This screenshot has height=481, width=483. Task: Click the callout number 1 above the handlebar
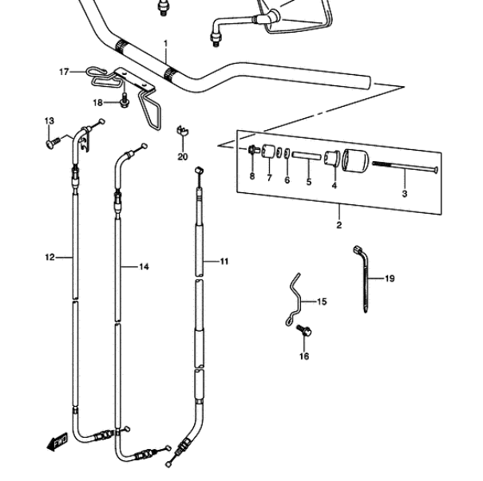pyautogui.click(x=166, y=44)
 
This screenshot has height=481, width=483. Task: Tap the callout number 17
pyautogui.click(x=64, y=72)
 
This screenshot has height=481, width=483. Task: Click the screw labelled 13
pyautogui.click(x=53, y=142)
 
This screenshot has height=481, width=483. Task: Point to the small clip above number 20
pyautogui.click(x=182, y=131)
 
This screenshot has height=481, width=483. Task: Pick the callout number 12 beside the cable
pyautogui.click(x=49, y=257)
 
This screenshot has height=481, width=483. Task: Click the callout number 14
pyautogui.click(x=144, y=266)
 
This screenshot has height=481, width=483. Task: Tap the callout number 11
pyautogui.click(x=224, y=262)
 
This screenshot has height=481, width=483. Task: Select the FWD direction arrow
pyautogui.click(x=57, y=443)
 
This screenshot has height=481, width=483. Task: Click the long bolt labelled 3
pyautogui.click(x=405, y=167)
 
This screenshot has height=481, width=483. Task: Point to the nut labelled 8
pyautogui.click(x=252, y=150)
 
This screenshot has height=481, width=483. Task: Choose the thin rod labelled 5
pyautogui.click(x=307, y=156)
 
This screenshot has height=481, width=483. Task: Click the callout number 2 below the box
pyautogui.click(x=338, y=225)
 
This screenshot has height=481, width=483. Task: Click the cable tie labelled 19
pyautogui.click(x=364, y=279)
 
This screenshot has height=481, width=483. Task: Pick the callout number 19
pyautogui.click(x=390, y=278)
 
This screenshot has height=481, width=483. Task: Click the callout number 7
pyautogui.click(x=269, y=178)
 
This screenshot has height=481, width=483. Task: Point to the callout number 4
pyautogui.click(x=335, y=186)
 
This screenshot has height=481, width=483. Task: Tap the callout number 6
pyautogui.click(x=287, y=180)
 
